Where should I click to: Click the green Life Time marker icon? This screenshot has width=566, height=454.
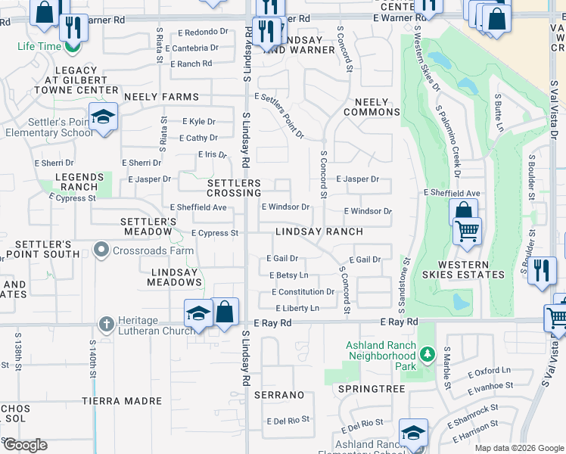[73, 47]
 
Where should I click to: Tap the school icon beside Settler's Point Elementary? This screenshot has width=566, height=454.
[104, 117]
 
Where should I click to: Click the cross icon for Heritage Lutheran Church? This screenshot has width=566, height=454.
[106, 323]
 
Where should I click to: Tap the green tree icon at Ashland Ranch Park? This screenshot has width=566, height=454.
[428, 353]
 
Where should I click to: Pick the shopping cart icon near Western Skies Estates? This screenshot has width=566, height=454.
[468, 230]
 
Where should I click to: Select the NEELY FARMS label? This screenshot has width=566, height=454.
[161, 97]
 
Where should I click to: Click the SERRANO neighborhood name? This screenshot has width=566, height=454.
[278, 395]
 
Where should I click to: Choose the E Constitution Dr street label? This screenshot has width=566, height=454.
[303, 292]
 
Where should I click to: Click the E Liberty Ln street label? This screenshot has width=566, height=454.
[297, 308]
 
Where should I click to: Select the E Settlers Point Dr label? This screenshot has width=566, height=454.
[279, 116]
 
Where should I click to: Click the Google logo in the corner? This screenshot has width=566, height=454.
[25, 445]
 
